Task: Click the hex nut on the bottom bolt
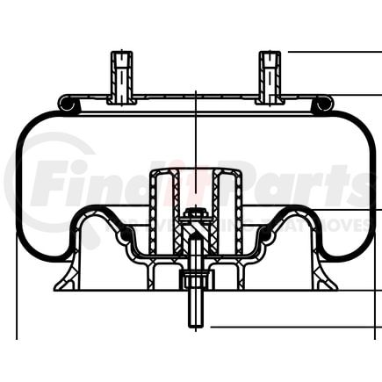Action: tap(195, 282)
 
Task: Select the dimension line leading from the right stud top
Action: tap(334, 52)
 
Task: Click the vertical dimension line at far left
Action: tap(18, 290)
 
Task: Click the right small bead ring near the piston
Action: tap(261, 233)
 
